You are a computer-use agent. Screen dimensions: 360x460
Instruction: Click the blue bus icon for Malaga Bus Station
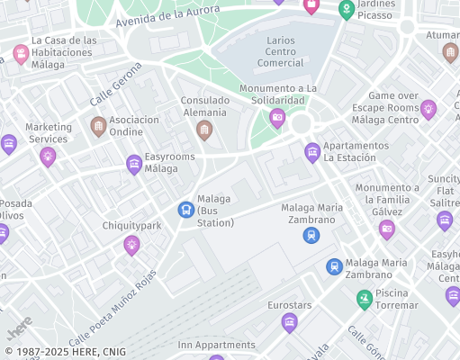(x=185, y=210)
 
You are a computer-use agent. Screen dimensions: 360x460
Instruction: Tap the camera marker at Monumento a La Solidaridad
(x=277, y=117)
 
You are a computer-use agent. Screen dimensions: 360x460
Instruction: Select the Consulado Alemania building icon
(x=204, y=130)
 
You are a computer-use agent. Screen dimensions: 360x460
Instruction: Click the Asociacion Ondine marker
(x=98, y=125)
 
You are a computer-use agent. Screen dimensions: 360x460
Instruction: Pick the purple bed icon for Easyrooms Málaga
(x=134, y=163)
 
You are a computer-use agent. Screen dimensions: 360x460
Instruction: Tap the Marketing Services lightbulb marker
(x=48, y=157)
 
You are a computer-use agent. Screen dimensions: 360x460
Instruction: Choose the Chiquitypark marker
(x=131, y=244)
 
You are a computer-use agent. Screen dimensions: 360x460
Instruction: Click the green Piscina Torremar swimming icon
(x=365, y=298)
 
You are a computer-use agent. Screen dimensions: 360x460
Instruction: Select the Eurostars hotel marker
(x=289, y=322)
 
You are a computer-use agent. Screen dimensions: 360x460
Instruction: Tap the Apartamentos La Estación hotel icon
(x=312, y=151)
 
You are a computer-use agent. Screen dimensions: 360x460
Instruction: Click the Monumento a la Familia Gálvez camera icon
(x=387, y=229)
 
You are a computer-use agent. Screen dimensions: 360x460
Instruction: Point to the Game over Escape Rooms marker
(x=428, y=109)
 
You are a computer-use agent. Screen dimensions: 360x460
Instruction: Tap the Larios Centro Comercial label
(x=280, y=51)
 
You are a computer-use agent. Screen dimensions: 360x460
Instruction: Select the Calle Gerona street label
(x=115, y=83)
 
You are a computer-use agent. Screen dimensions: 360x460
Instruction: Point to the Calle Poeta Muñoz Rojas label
(x=112, y=308)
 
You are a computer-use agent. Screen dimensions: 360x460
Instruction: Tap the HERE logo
(x=20, y=325)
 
